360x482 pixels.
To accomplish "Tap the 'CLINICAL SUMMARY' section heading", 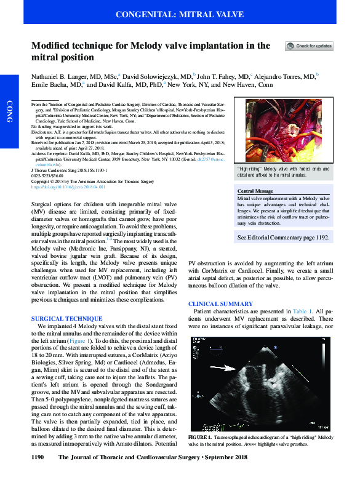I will tap(220, 304).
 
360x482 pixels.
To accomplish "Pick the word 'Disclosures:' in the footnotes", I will tap(44, 131).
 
